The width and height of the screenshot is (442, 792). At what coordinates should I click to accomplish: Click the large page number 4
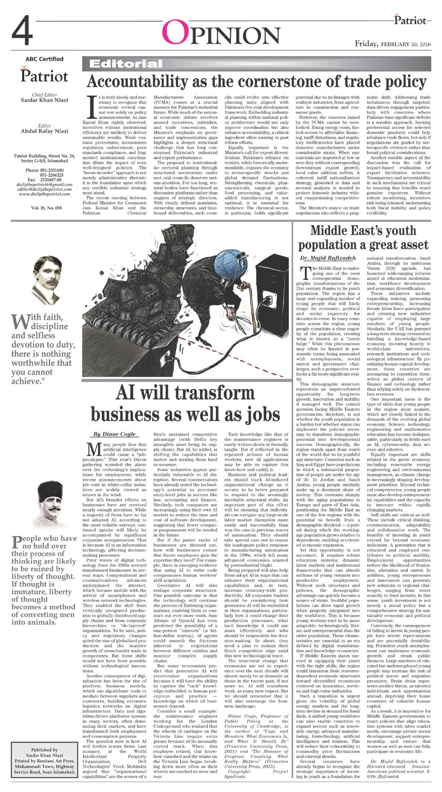25,32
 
